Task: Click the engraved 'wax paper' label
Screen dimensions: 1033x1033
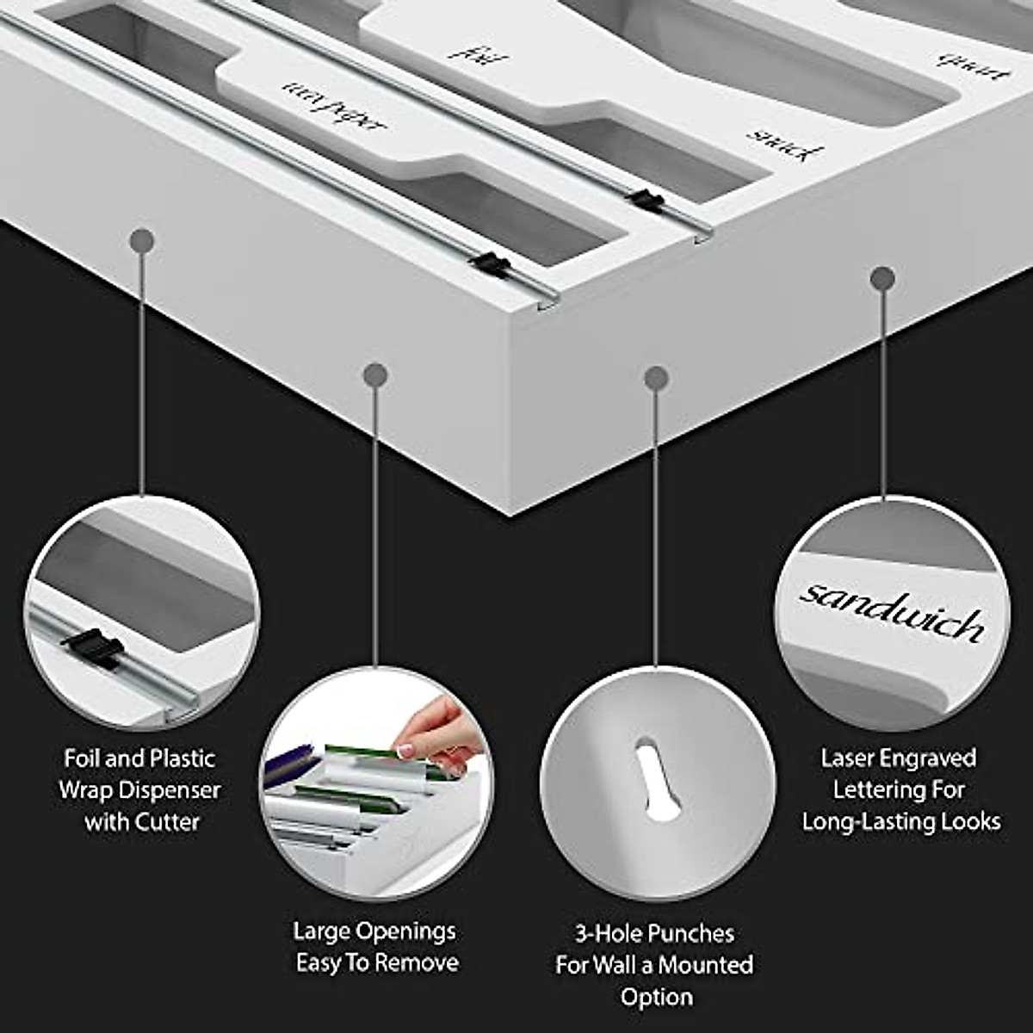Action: pyautogui.click(x=335, y=111)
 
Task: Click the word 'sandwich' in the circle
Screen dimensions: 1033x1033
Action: pyautogui.click(x=892, y=612)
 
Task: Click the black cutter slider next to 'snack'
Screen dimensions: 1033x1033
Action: pyautogui.click(x=646, y=201)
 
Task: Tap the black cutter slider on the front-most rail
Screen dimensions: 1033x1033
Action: pyautogui.click(x=492, y=263)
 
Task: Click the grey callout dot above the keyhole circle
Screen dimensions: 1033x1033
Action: pyautogui.click(x=657, y=378)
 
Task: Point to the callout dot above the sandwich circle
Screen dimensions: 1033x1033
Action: pyautogui.click(x=882, y=279)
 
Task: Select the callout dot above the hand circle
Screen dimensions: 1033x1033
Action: pyautogui.click(x=375, y=374)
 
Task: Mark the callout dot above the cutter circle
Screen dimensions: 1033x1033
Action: pyautogui.click(x=143, y=242)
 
